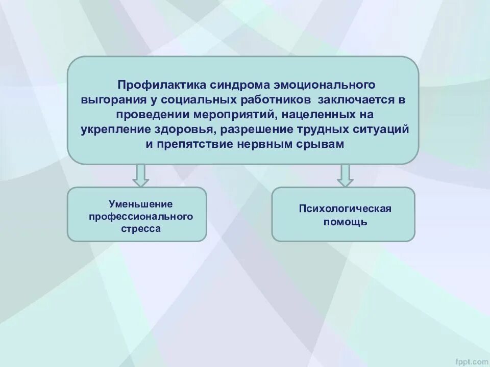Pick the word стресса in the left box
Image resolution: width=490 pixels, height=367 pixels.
pos(141,229)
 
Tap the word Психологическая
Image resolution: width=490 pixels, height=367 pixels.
pos(345,209)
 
